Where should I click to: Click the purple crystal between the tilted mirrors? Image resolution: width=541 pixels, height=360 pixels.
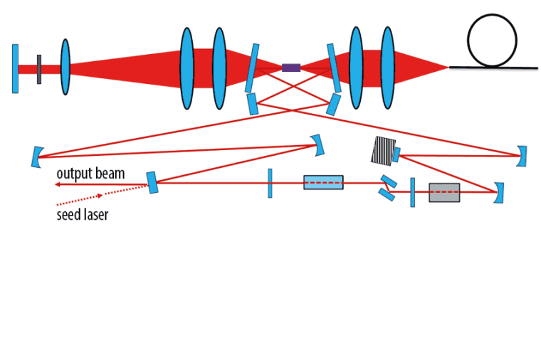290,68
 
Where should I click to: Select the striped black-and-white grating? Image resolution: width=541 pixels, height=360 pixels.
382,150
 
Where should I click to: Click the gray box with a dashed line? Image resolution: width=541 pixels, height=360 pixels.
444,192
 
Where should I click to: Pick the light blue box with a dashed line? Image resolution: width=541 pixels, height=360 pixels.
323,182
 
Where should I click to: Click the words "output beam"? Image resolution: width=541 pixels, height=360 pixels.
90,174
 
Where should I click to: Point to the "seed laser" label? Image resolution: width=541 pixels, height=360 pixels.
83,214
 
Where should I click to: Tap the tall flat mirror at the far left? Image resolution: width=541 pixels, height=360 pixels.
15,68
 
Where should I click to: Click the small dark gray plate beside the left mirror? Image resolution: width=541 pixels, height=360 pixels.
39,68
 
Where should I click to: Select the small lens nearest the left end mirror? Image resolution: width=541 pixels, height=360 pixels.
65,67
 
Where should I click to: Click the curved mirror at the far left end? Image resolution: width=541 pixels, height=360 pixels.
36,157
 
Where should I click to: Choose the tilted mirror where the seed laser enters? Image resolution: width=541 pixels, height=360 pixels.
152,182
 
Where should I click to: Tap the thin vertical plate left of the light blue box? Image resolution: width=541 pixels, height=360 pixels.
270,183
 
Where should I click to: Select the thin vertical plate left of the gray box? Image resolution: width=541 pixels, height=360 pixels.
412,192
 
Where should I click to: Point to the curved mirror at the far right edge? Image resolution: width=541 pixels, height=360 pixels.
523,156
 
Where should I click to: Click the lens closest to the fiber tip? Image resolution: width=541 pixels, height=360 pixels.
387,68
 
